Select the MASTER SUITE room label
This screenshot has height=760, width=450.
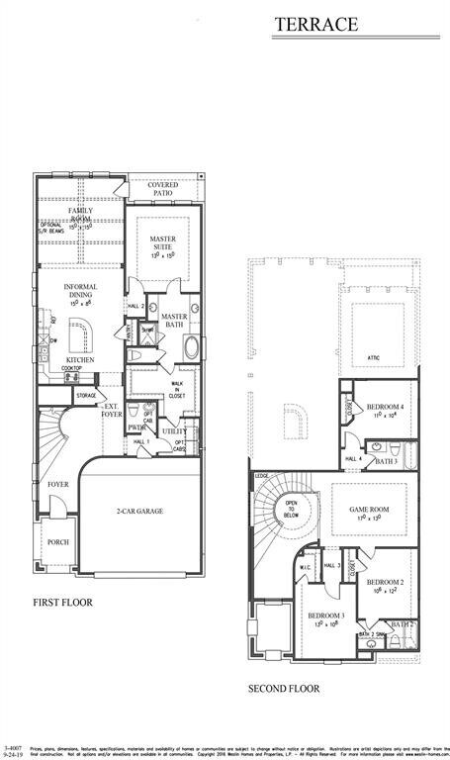tap(162, 243)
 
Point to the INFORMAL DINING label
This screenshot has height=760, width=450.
tap(80, 292)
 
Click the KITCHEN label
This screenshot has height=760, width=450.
tap(80, 360)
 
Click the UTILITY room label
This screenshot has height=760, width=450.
tap(175, 431)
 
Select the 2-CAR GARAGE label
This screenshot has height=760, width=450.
tap(138, 512)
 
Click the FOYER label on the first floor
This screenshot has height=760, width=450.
tap(57, 484)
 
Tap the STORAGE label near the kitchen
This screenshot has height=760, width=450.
tap(87, 396)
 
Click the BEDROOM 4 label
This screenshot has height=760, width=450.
tap(385, 407)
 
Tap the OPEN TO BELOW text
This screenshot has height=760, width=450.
tap(293, 509)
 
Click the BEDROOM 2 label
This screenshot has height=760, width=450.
tap(385, 582)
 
